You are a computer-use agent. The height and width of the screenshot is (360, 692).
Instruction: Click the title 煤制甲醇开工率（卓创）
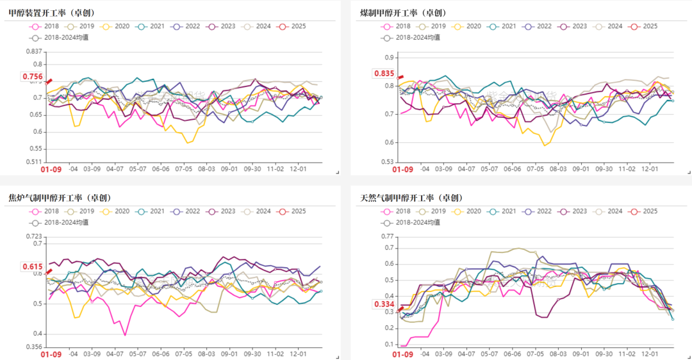coord(403,13)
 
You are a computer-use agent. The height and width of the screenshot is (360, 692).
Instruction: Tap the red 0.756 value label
coord(33,77)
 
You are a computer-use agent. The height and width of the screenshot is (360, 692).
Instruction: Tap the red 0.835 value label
coord(384,73)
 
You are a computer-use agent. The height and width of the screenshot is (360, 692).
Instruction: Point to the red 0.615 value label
coord(33,267)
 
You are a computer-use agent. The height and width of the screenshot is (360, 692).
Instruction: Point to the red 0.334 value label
coord(384,304)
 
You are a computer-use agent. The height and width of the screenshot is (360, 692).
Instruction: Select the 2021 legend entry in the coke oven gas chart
coord(152,211)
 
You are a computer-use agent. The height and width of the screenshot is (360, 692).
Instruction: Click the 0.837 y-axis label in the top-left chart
coord(33,51)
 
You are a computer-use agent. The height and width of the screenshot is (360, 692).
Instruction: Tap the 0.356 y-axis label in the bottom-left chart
coord(33,347)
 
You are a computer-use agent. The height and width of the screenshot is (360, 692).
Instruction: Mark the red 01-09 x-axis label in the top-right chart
coord(403,170)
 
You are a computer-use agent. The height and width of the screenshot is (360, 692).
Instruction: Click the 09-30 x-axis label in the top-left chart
coord(252,169)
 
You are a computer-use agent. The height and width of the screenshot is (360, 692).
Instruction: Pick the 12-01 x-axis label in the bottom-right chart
coord(650,354)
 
